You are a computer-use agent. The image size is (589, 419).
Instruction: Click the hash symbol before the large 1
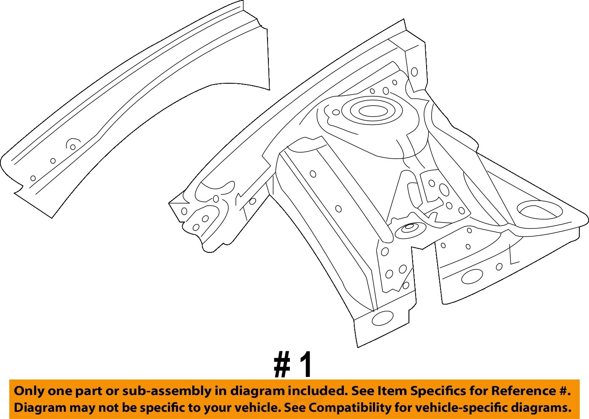(282, 365)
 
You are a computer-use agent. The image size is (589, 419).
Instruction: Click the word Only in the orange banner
(29, 391)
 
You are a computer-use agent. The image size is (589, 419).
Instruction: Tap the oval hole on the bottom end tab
(383, 318)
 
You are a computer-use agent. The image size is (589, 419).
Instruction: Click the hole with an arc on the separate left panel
(73, 147)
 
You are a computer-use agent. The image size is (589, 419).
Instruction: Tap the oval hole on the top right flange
(414, 72)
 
